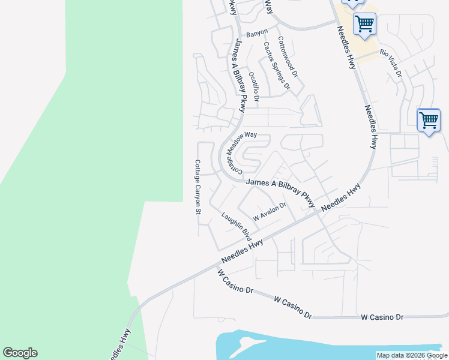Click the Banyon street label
pyautogui.click(x=257, y=33)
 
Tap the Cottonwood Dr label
pyautogui.click(x=288, y=58)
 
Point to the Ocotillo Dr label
pyautogui.click(x=253, y=86)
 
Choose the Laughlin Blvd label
pyautogui.click(x=236, y=227)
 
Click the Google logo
pyautogui.click(x=20, y=353)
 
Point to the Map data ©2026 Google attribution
pyautogui.click(x=412, y=355)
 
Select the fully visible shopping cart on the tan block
pyautogui.click(x=364, y=25)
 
